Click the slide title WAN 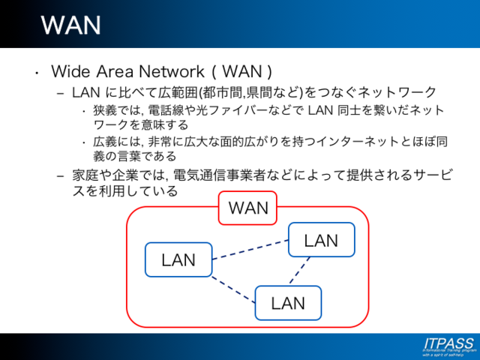click(x=70, y=24)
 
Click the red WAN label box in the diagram click(x=247, y=208)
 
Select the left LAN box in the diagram click(x=178, y=260)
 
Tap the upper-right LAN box click(x=321, y=241)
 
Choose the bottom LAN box click(x=288, y=303)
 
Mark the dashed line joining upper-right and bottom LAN click(x=300, y=271)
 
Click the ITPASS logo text click(x=448, y=343)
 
